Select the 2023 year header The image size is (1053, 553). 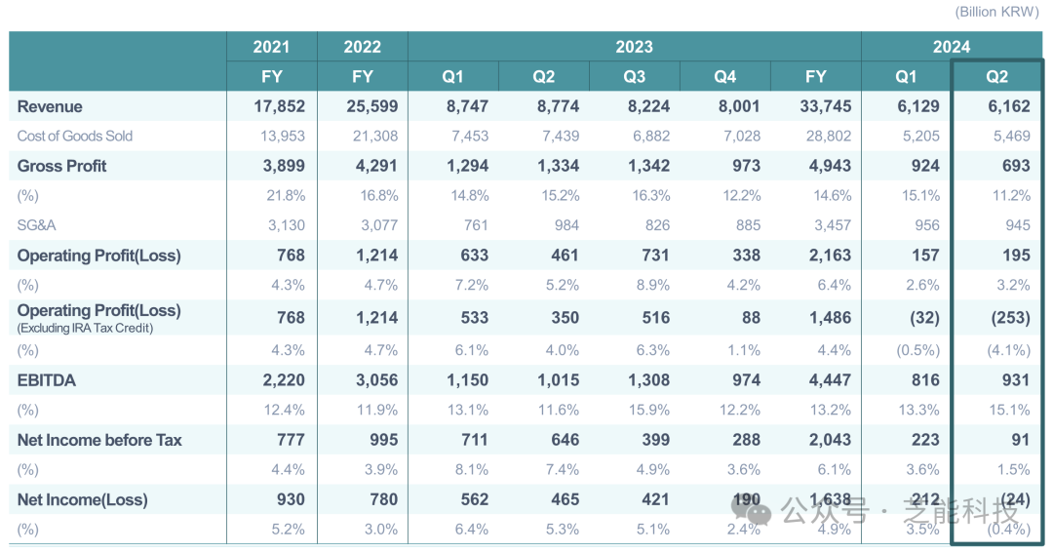click(x=634, y=47)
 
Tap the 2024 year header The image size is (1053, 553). click(x=951, y=47)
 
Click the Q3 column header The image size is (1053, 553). click(x=634, y=77)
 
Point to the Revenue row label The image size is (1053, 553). click(x=50, y=106)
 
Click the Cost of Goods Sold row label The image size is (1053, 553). click(x=75, y=137)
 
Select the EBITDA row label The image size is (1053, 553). click(x=46, y=379)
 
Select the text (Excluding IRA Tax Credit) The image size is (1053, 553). click(x=86, y=329)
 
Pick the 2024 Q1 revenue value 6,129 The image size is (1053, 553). click(x=917, y=106)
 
